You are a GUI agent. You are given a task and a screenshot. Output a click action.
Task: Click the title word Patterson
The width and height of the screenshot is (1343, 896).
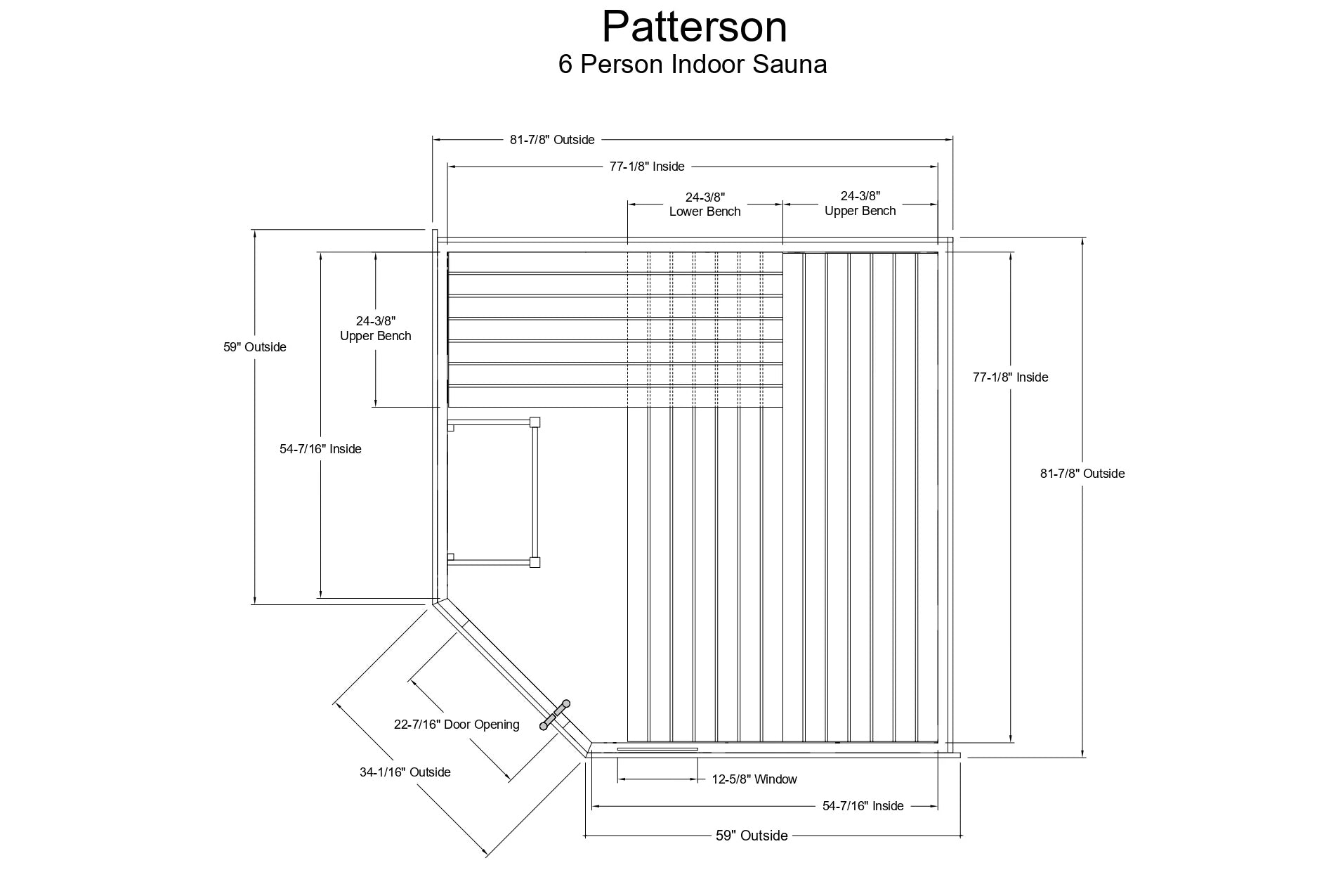pos(694,28)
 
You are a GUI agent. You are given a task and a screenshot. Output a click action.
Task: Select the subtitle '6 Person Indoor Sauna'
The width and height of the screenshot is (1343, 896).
pos(692,65)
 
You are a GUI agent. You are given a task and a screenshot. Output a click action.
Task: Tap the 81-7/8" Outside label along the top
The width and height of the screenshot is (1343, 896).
pos(552,140)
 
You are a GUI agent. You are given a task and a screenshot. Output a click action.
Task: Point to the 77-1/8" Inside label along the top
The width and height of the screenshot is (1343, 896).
pos(646,167)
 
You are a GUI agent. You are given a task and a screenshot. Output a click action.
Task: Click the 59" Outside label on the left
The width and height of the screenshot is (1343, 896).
pos(255,347)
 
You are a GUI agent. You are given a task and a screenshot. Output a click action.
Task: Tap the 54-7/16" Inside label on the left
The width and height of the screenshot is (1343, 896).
pos(320,449)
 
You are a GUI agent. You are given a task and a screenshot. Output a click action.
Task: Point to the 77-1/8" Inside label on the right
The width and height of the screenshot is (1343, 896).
pos(1010,377)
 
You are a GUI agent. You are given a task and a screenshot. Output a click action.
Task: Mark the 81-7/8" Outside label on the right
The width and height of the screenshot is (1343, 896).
pos(1082,474)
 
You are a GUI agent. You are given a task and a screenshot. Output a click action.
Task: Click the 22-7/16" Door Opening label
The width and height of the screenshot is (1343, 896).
pos(457,725)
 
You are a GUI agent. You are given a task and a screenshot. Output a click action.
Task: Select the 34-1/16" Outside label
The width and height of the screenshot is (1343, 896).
pos(405,772)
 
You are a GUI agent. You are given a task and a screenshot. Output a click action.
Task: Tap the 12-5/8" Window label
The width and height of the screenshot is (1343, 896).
pos(754,779)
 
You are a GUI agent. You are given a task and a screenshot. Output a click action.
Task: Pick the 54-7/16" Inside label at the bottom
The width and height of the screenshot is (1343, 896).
pos(863,806)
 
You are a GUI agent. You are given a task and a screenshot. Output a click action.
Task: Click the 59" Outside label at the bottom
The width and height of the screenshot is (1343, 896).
pos(752,836)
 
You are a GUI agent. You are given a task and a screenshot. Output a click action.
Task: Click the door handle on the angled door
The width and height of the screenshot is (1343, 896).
pos(555,715)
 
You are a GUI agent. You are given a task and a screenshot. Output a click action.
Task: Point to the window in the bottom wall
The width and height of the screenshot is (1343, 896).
pos(657,749)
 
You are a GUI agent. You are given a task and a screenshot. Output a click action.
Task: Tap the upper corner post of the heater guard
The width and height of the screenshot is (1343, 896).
pos(535,422)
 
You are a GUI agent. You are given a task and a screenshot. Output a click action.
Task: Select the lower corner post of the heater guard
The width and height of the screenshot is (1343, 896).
pos(535,562)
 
